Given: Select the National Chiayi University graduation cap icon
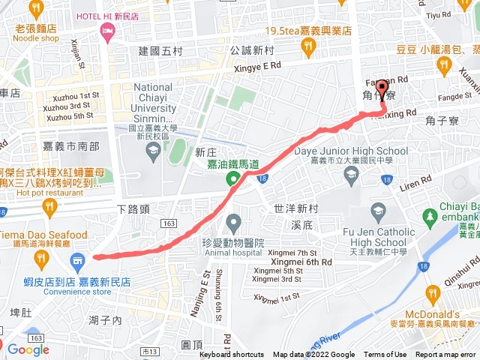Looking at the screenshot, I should tap(153, 150).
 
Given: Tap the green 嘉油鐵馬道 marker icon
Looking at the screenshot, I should tap(233, 178).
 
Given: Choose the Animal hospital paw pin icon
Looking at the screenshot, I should tap(233, 221).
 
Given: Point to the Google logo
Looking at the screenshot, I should tap(28, 349).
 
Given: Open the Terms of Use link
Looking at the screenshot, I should tap(385, 355).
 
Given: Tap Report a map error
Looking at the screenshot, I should tap(446, 355).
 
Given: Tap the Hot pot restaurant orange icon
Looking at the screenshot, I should tap(49, 205).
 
